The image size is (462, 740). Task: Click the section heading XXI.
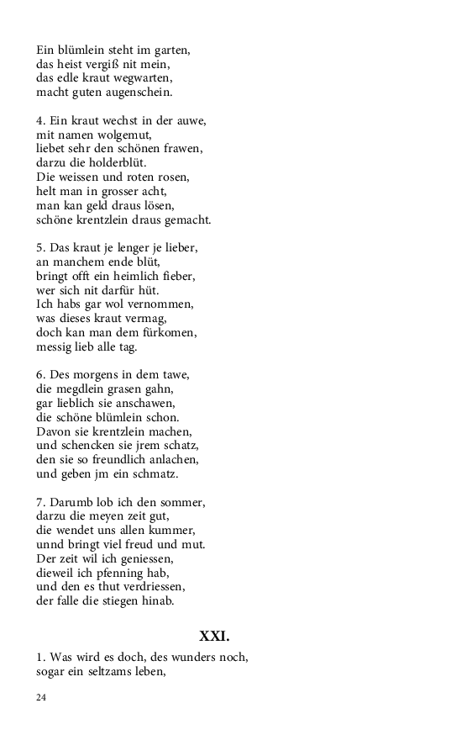coord(214,636)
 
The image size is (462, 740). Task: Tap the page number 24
coord(41,698)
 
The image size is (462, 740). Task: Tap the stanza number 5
coord(39,249)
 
